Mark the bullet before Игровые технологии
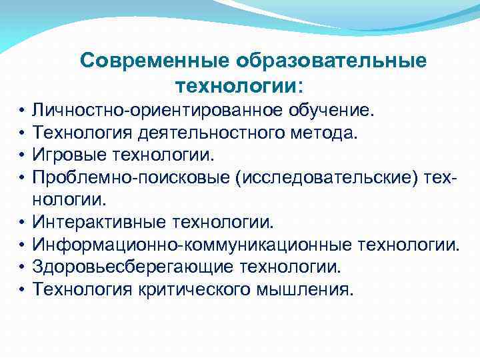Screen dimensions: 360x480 click(x=22, y=155)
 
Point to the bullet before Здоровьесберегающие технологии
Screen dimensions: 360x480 click(x=22, y=268)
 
